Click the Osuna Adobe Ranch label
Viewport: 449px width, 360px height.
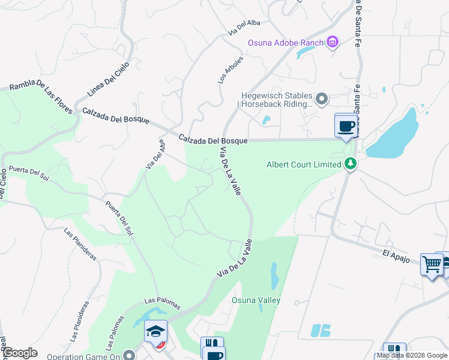coord(286,42)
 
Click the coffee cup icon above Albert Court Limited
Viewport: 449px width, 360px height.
coord(346,127)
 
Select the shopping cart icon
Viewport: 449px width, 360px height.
coord(432,263)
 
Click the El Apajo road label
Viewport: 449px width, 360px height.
coord(396,254)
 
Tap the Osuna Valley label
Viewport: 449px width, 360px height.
coord(256,300)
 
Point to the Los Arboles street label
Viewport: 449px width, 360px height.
coord(231,70)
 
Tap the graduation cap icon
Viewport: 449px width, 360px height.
coord(155,331)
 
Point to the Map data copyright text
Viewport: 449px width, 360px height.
coord(412,355)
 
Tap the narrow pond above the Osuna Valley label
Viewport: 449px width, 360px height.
coord(274,276)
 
